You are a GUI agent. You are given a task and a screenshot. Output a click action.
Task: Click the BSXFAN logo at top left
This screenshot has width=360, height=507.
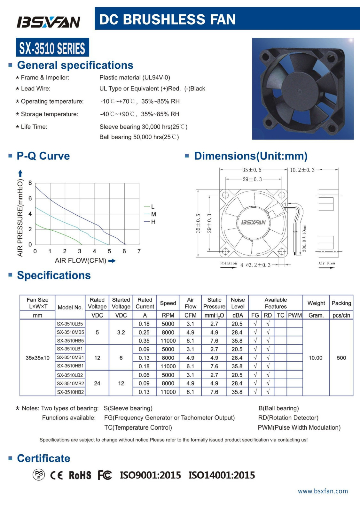[48, 22]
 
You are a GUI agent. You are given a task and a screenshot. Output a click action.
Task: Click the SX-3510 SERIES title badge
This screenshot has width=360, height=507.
[52, 48]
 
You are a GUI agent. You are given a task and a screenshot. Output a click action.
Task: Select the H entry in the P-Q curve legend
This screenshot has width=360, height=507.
[153, 222]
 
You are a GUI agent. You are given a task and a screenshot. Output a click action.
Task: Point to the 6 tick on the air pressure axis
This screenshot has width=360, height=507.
[30, 198]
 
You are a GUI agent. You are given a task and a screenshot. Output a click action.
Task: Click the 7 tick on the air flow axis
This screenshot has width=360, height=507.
[139, 251]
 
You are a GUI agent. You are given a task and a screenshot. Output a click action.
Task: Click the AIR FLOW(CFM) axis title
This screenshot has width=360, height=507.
[81, 261]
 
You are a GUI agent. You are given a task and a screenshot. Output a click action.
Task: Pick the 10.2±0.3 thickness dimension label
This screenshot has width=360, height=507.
[302, 170]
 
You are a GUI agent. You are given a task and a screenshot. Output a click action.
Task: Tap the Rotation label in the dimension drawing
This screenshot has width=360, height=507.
[229, 264]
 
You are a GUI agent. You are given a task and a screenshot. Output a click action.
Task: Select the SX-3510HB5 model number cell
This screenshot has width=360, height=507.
[70, 341]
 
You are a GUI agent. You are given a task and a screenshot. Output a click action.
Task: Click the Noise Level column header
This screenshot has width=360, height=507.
[238, 303]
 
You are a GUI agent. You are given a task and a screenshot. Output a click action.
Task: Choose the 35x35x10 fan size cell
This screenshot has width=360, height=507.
[37, 358]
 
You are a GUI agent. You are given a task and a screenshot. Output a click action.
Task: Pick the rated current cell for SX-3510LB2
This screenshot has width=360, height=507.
[144, 375]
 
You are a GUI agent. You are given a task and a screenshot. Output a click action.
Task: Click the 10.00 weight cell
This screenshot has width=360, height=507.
[316, 358]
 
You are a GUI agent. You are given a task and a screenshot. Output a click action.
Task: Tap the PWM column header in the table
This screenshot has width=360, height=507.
[295, 315]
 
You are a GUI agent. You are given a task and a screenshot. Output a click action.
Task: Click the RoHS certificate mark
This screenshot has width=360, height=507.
[80, 475]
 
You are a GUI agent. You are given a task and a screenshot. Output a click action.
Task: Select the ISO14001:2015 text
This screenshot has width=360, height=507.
[222, 475]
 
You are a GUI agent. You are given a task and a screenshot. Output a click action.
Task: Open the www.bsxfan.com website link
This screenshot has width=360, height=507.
[323, 491]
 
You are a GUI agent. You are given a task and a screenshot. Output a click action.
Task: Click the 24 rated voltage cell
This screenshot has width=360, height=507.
[97, 383]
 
